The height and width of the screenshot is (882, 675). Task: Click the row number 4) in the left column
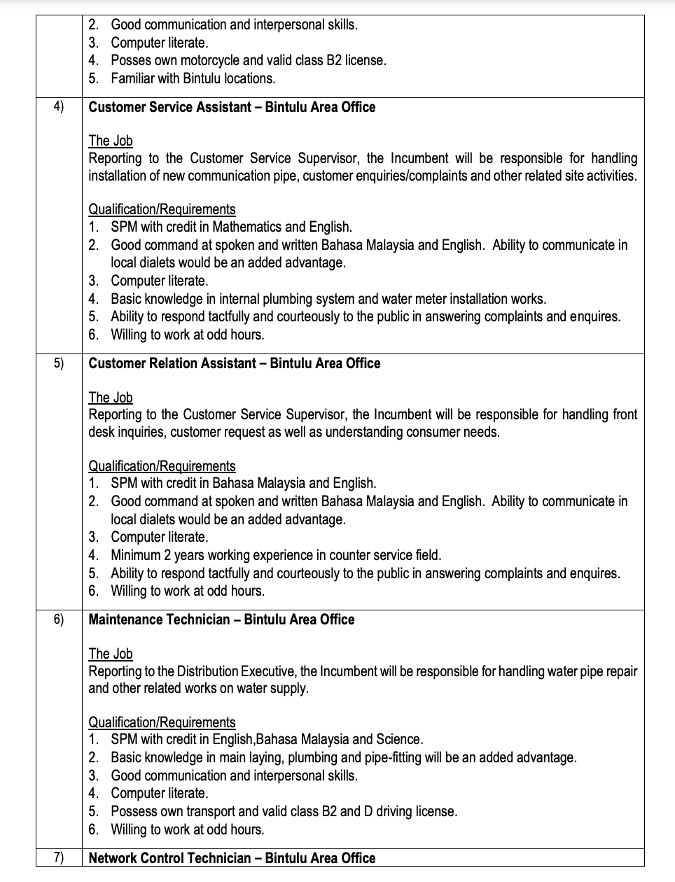(58, 106)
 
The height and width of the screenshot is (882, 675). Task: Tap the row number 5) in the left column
(58, 363)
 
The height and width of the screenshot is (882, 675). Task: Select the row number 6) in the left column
(58, 619)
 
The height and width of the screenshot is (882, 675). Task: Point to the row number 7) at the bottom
(58, 857)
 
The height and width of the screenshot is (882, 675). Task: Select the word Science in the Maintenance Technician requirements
(398, 739)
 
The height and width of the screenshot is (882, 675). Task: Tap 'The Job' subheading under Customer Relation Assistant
(110, 398)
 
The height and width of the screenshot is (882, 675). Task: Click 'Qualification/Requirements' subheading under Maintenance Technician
(162, 722)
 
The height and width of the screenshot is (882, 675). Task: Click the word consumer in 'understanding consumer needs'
(432, 432)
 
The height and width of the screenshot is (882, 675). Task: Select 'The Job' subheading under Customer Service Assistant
(110, 141)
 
